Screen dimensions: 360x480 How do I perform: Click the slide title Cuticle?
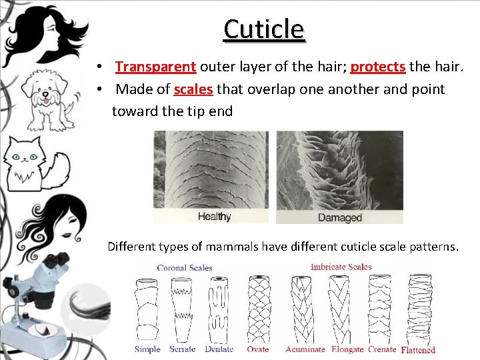tap(264, 29)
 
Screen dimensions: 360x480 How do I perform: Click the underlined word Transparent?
tap(155, 67)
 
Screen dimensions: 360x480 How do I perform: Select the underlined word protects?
tap(378, 67)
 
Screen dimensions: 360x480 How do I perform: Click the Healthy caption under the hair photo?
tap(215, 217)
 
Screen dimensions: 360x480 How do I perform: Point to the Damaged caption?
tap(339, 217)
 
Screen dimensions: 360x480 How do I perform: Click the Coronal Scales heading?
tap(185, 268)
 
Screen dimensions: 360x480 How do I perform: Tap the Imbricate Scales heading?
tap(341, 267)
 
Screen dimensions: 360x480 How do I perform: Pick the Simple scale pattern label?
tap(147, 349)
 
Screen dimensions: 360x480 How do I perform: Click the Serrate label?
tap(183, 349)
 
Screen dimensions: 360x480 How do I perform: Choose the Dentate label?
tap(219, 349)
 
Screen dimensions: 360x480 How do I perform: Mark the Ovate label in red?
tap(257, 349)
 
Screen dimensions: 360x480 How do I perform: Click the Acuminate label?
tap(305, 349)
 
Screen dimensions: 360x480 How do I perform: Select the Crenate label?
tap(383, 349)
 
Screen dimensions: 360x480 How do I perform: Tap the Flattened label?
tap(418, 349)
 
